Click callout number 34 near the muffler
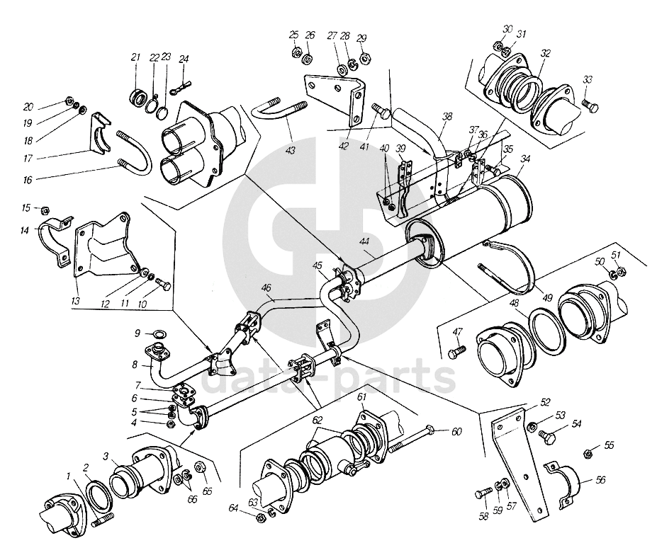coord(525,159)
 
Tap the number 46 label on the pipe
coord(266,288)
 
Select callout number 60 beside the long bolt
coord(456,431)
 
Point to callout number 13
coord(76,301)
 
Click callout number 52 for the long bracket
coord(545,402)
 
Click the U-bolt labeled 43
coord(279,110)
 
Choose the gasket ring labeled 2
coord(100,495)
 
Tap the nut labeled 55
coord(588,453)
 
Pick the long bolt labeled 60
coord(412,438)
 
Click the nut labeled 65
coord(200,467)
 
